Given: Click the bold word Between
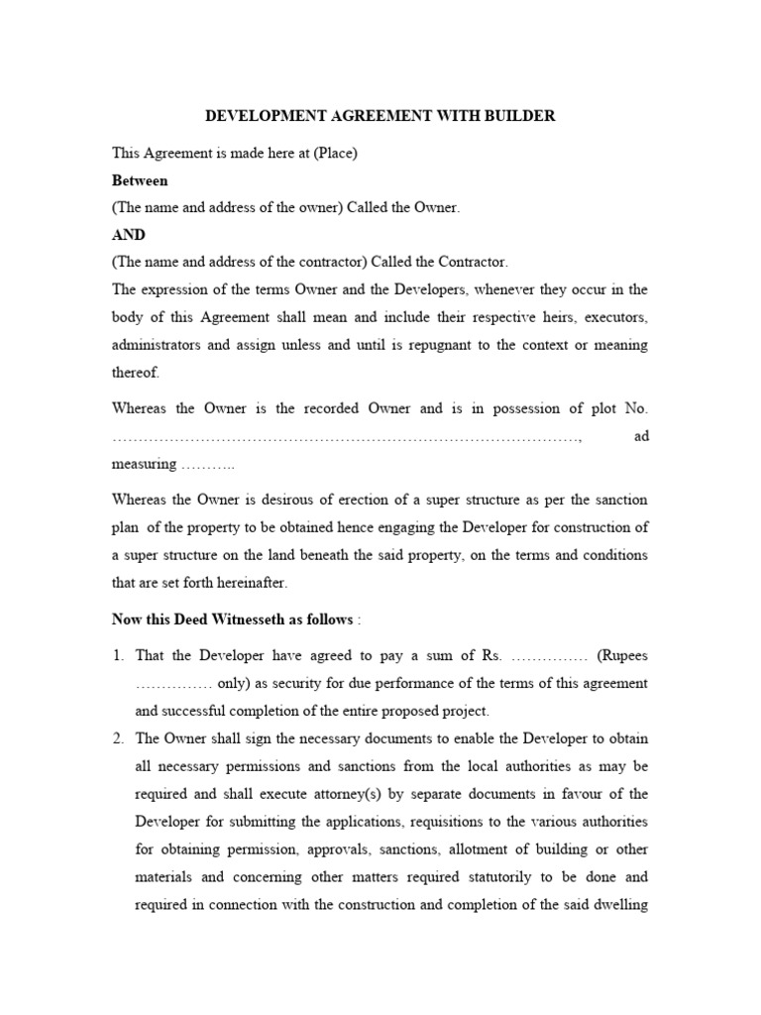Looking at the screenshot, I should [140, 180].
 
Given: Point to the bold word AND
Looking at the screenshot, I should [129, 235].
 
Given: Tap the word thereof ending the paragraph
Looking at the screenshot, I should [135, 373].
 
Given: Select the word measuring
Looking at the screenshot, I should [144, 464].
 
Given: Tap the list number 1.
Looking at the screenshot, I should [118, 656].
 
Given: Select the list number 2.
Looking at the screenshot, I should [118, 738].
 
